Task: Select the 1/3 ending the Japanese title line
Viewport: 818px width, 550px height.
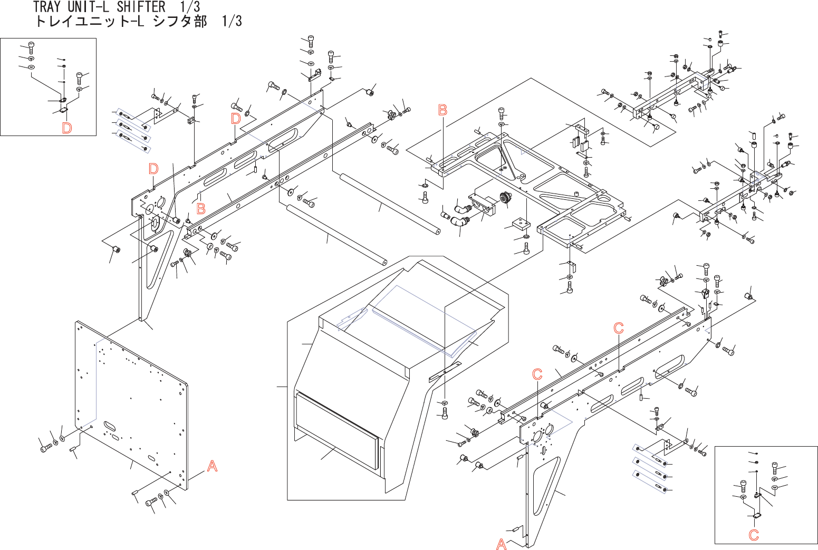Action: coord(232,21)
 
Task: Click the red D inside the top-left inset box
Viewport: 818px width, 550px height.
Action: coord(66,128)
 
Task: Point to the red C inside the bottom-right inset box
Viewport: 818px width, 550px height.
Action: coord(754,535)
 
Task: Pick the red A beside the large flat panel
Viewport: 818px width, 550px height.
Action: coord(212,466)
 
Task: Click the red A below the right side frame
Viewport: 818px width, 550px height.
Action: coord(502,544)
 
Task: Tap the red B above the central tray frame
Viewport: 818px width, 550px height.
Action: coord(443,110)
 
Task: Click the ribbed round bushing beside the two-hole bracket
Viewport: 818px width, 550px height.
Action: coord(505,198)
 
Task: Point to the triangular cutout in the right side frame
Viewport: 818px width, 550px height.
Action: coord(545,487)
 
